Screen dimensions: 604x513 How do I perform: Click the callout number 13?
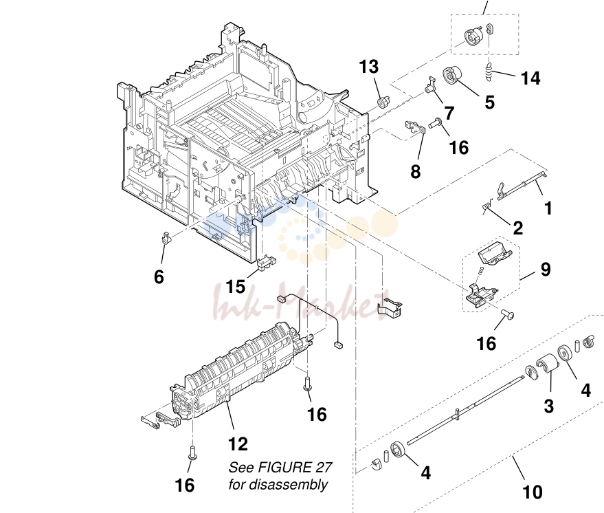pyautogui.click(x=369, y=67)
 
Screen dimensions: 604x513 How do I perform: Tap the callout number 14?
pyautogui.click(x=530, y=78)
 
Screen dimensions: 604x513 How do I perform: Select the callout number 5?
pyautogui.click(x=489, y=102)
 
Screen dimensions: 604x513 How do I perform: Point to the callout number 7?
pyautogui.click(x=449, y=113)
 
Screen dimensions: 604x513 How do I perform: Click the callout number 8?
pyautogui.click(x=415, y=171)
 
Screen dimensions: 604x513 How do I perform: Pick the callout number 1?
pyautogui.click(x=548, y=208)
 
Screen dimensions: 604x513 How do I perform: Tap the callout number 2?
pyautogui.click(x=518, y=228)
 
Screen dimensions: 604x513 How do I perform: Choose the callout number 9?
pyautogui.click(x=546, y=270)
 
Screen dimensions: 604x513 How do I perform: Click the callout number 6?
pyautogui.click(x=159, y=276)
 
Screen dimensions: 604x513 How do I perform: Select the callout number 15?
pyautogui.click(x=236, y=286)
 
